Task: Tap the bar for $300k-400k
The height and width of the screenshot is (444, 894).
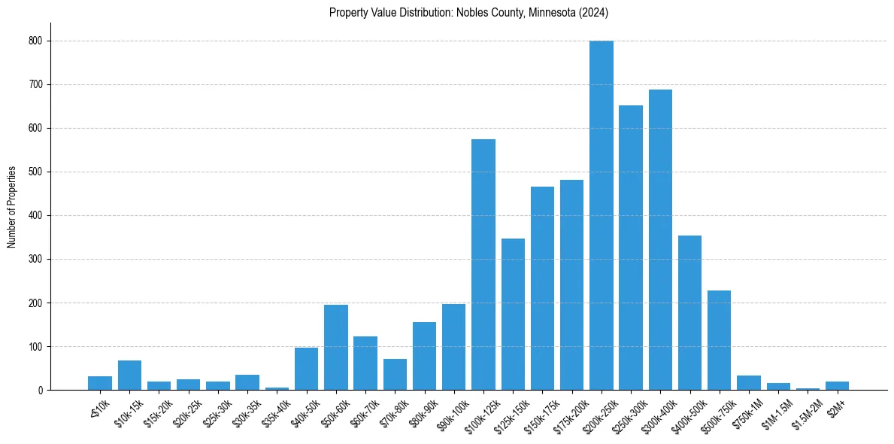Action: (660, 240)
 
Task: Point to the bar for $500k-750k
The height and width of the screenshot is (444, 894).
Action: (719, 340)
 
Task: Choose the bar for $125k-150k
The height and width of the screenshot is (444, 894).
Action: (513, 315)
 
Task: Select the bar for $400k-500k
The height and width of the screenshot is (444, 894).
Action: (689, 313)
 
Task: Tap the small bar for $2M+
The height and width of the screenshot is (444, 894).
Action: (837, 386)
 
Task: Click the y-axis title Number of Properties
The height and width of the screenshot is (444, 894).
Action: (12, 207)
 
